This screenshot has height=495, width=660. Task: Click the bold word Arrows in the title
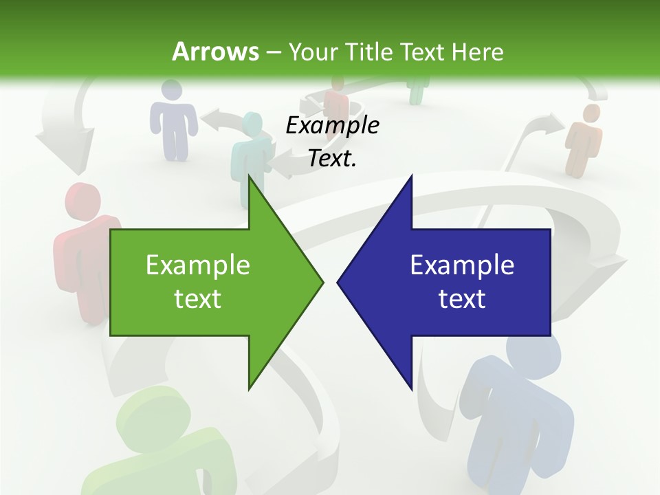click(215, 52)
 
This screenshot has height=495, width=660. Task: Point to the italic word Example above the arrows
click(332, 126)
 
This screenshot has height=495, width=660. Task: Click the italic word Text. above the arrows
click(332, 158)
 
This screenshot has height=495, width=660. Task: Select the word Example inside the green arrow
click(197, 265)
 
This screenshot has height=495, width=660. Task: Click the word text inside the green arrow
click(197, 299)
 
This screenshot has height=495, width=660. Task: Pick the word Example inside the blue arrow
click(462, 265)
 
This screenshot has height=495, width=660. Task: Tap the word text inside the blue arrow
click(462, 299)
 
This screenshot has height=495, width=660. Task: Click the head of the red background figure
click(82, 201)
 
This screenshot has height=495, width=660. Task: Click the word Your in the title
click(307, 52)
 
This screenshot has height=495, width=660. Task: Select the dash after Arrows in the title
click(272, 52)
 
